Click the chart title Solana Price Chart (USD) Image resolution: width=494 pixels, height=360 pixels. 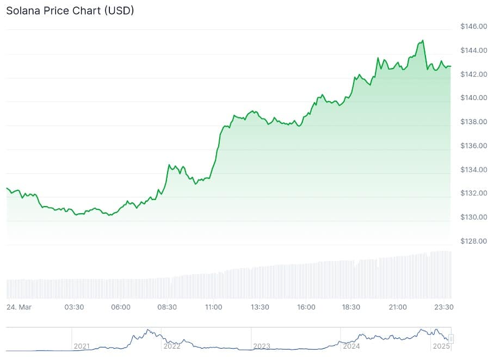coord(70,10)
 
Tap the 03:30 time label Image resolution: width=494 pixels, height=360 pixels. coord(74,307)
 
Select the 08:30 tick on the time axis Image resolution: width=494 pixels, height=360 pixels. coord(167,307)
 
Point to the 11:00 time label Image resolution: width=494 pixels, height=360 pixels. coord(213,307)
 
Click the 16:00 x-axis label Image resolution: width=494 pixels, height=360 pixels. coord(306,307)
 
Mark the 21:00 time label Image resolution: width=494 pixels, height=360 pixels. coord(398,307)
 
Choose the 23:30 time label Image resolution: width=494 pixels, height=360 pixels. coord(444,307)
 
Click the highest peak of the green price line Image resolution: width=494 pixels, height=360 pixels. coord(423,40)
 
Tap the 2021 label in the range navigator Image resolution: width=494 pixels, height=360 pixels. coord(82,346)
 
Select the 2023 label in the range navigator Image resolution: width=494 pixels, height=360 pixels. coord(262,346)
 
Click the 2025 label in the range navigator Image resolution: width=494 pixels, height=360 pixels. coord(441,346)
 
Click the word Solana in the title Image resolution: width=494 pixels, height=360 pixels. coord(22,10)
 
